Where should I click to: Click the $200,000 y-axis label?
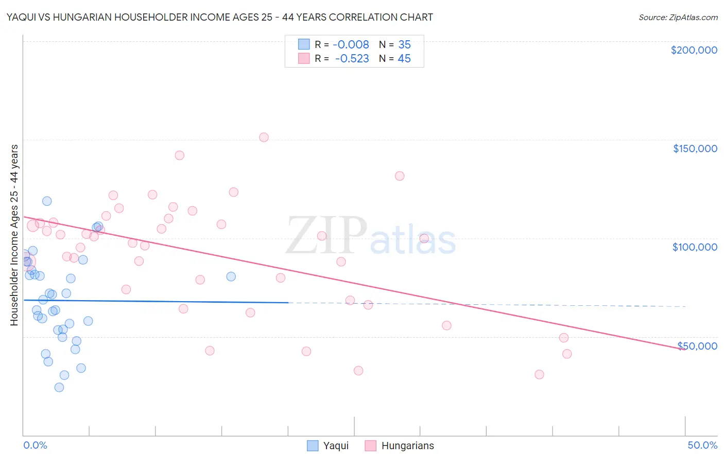pyautogui.click(x=694, y=50)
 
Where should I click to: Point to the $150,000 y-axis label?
pyautogui.click(x=695, y=149)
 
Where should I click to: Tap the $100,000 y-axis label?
pyautogui.click(x=695, y=247)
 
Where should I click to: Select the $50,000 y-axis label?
pyautogui.click(x=697, y=346)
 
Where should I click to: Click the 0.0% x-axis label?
pyautogui.click(x=35, y=445)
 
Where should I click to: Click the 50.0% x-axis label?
pyautogui.click(x=702, y=445)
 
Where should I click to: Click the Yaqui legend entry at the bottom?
pyautogui.click(x=328, y=446)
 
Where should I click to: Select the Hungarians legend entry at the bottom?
pyautogui.click(x=400, y=446)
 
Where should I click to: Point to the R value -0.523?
pyautogui.click(x=352, y=59)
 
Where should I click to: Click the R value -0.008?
pyautogui.click(x=351, y=45)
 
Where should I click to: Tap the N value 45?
pyautogui.click(x=404, y=59)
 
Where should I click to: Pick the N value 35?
pyautogui.click(x=404, y=45)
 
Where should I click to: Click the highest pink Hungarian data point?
pyautogui.click(x=264, y=137)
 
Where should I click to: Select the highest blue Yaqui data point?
pyautogui.click(x=47, y=201)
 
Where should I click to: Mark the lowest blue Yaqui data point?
pyautogui.click(x=59, y=387)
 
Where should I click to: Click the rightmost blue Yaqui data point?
pyautogui.click(x=231, y=276)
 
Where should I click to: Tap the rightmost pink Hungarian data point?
pyautogui.click(x=567, y=354)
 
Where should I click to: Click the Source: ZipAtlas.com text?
pyautogui.click(x=678, y=18)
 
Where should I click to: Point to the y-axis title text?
pyautogui.click(x=14, y=235)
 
